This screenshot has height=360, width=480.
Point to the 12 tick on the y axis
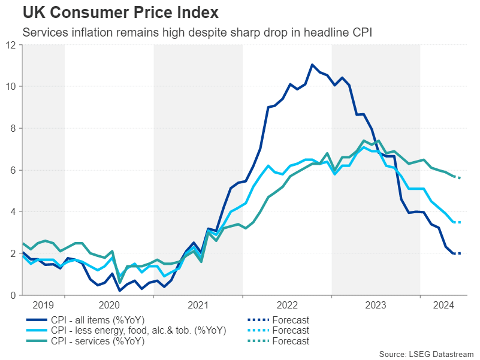coord(11,45)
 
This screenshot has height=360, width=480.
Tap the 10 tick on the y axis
coord(11,86)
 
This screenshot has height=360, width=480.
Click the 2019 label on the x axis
coord(43,305)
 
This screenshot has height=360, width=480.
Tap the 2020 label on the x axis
coord(109,305)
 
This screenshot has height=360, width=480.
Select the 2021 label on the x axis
coord(198,305)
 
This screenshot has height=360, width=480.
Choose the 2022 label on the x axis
coord(287,305)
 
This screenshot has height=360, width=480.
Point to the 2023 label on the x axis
coord(376,305)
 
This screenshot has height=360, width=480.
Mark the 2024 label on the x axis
coord(444,305)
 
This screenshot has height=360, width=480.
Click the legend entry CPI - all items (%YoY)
coord(96,319)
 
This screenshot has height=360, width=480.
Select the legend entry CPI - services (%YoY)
coord(96,341)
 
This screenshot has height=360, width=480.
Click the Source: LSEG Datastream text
coord(426,353)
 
